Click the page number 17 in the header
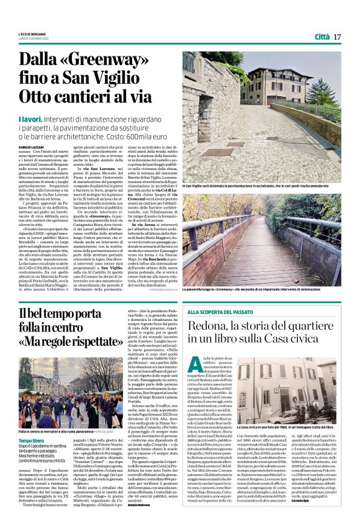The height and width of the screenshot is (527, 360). tap(337, 37)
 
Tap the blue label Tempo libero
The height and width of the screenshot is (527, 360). tap(31, 440)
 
